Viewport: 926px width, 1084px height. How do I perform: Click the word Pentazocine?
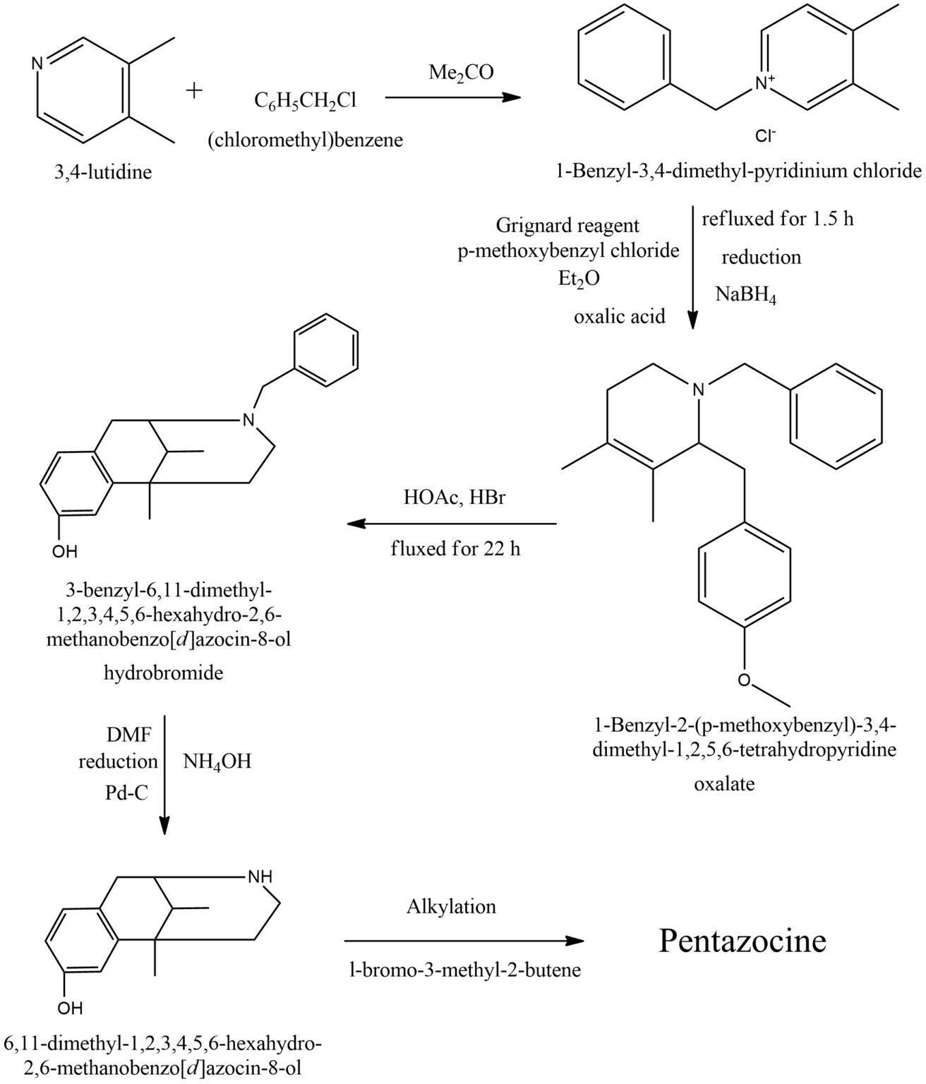(742, 941)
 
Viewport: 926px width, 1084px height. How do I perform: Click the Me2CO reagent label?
(462, 72)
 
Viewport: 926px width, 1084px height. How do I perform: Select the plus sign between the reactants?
(195, 90)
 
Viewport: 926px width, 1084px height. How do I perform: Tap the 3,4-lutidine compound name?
(103, 171)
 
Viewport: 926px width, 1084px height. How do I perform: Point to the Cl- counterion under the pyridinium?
(765, 137)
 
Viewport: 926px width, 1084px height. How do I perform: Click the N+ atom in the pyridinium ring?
(764, 83)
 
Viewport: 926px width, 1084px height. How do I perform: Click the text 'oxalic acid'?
(619, 316)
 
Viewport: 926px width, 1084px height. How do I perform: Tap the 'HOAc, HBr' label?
(455, 497)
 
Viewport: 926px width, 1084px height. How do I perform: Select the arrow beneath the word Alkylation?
(464, 941)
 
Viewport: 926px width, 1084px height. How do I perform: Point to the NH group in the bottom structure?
(259, 877)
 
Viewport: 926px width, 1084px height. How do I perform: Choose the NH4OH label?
(217, 762)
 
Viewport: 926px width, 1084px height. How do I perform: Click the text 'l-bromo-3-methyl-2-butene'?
(465, 970)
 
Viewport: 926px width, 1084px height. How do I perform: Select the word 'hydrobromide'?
(163, 673)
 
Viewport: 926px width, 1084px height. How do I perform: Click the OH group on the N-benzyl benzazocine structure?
(65, 550)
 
